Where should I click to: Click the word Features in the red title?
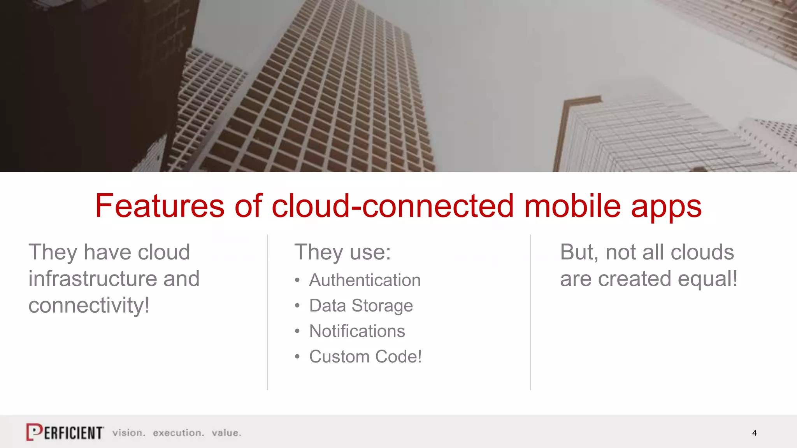tap(160, 206)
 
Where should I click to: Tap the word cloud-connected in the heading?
tap(393, 206)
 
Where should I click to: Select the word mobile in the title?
tap(572, 206)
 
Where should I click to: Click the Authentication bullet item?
tap(365, 280)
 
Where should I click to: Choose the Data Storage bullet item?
tap(361, 306)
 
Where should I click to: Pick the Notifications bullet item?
tap(357, 331)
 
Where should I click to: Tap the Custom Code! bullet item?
tap(365, 357)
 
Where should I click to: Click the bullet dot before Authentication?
tap(297, 280)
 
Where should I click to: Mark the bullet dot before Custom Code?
tap(297, 357)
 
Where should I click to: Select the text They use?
tap(342, 252)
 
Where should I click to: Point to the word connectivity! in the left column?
tap(89, 305)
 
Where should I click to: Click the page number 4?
tap(754, 433)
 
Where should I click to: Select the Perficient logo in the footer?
tap(65, 432)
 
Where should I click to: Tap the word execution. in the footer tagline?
tap(178, 433)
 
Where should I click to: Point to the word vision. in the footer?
tap(129, 433)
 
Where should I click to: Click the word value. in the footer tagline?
tap(226, 433)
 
